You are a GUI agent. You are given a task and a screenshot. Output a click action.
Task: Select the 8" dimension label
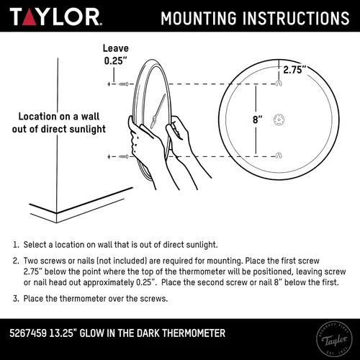(258, 120)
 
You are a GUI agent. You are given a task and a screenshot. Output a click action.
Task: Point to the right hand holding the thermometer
(180, 137)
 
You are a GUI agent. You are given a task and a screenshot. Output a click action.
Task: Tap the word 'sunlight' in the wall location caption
(86, 129)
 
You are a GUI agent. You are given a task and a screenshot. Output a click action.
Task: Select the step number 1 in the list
(15, 245)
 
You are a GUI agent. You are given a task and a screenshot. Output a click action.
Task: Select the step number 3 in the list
(15, 298)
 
